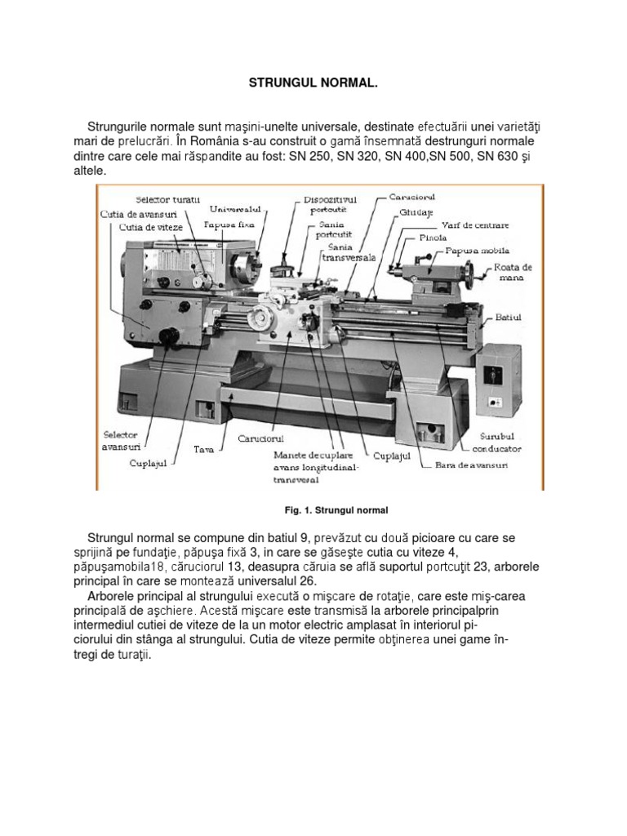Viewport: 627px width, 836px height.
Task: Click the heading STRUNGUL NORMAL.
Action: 313,84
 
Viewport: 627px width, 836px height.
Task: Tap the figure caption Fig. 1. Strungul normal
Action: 335,510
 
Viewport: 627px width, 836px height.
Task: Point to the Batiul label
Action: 508,317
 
